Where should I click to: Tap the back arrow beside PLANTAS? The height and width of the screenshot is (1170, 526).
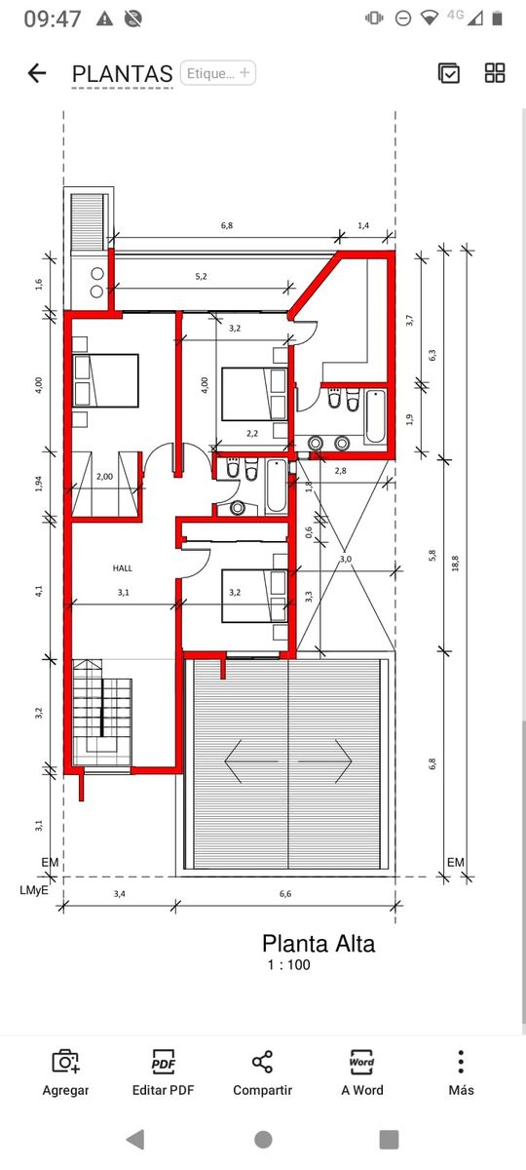(x=37, y=73)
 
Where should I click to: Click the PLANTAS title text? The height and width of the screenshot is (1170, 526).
(x=122, y=74)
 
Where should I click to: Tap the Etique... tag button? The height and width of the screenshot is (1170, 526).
(x=217, y=72)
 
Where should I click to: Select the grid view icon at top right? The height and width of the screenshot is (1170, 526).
(x=495, y=73)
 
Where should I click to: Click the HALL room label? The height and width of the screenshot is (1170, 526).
(x=123, y=567)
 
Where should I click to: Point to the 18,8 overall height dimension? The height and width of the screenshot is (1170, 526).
(x=455, y=564)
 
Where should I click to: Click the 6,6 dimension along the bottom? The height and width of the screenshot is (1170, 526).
(x=284, y=894)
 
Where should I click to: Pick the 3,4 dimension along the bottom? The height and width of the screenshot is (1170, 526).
(x=120, y=894)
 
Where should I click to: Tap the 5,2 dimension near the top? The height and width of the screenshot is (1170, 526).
(x=201, y=276)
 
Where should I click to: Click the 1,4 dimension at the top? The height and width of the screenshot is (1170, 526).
(x=363, y=225)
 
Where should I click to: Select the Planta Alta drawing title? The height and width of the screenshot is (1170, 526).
(x=319, y=944)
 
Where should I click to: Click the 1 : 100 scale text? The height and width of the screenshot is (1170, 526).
(x=288, y=964)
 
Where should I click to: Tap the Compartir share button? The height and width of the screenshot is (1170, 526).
(x=262, y=1072)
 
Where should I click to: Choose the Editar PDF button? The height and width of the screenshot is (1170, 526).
(x=164, y=1072)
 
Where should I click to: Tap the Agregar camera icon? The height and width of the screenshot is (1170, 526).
(x=66, y=1062)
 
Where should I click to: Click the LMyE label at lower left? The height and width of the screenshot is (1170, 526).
(x=34, y=890)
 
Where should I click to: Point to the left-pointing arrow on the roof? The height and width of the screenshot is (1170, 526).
(x=251, y=761)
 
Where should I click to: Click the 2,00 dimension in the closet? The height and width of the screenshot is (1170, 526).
(x=104, y=477)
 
